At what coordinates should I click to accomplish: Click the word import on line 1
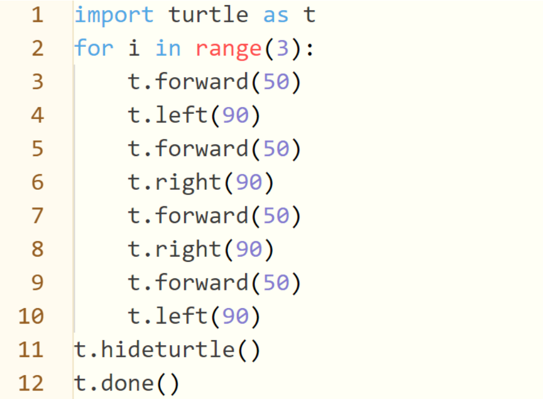tap(114, 15)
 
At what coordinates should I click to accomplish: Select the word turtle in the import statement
tap(208, 15)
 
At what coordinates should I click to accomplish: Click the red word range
tap(228, 49)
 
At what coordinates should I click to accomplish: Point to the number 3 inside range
tap(283, 48)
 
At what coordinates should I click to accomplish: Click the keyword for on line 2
tap(94, 47)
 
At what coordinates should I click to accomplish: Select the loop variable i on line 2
tap(134, 47)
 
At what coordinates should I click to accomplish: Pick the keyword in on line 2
tap(168, 47)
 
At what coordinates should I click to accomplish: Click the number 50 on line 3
tap(276, 82)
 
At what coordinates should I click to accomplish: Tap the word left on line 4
tap(182, 114)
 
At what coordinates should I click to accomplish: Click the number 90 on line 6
tap(249, 182)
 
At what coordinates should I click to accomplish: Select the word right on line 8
tap(188, 250)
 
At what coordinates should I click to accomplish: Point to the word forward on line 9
tap(202, 282)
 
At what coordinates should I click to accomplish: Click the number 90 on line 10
tap(235, 316)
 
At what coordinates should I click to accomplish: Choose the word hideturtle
tap(168, 349)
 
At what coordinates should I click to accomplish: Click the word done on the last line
tap(127, 382)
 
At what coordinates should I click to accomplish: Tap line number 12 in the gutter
tap(31, 383)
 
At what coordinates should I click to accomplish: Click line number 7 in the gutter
tap(38, 216)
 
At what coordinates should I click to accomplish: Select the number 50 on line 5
tap(276, 149)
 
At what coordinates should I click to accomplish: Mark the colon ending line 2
tap(309, 49)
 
